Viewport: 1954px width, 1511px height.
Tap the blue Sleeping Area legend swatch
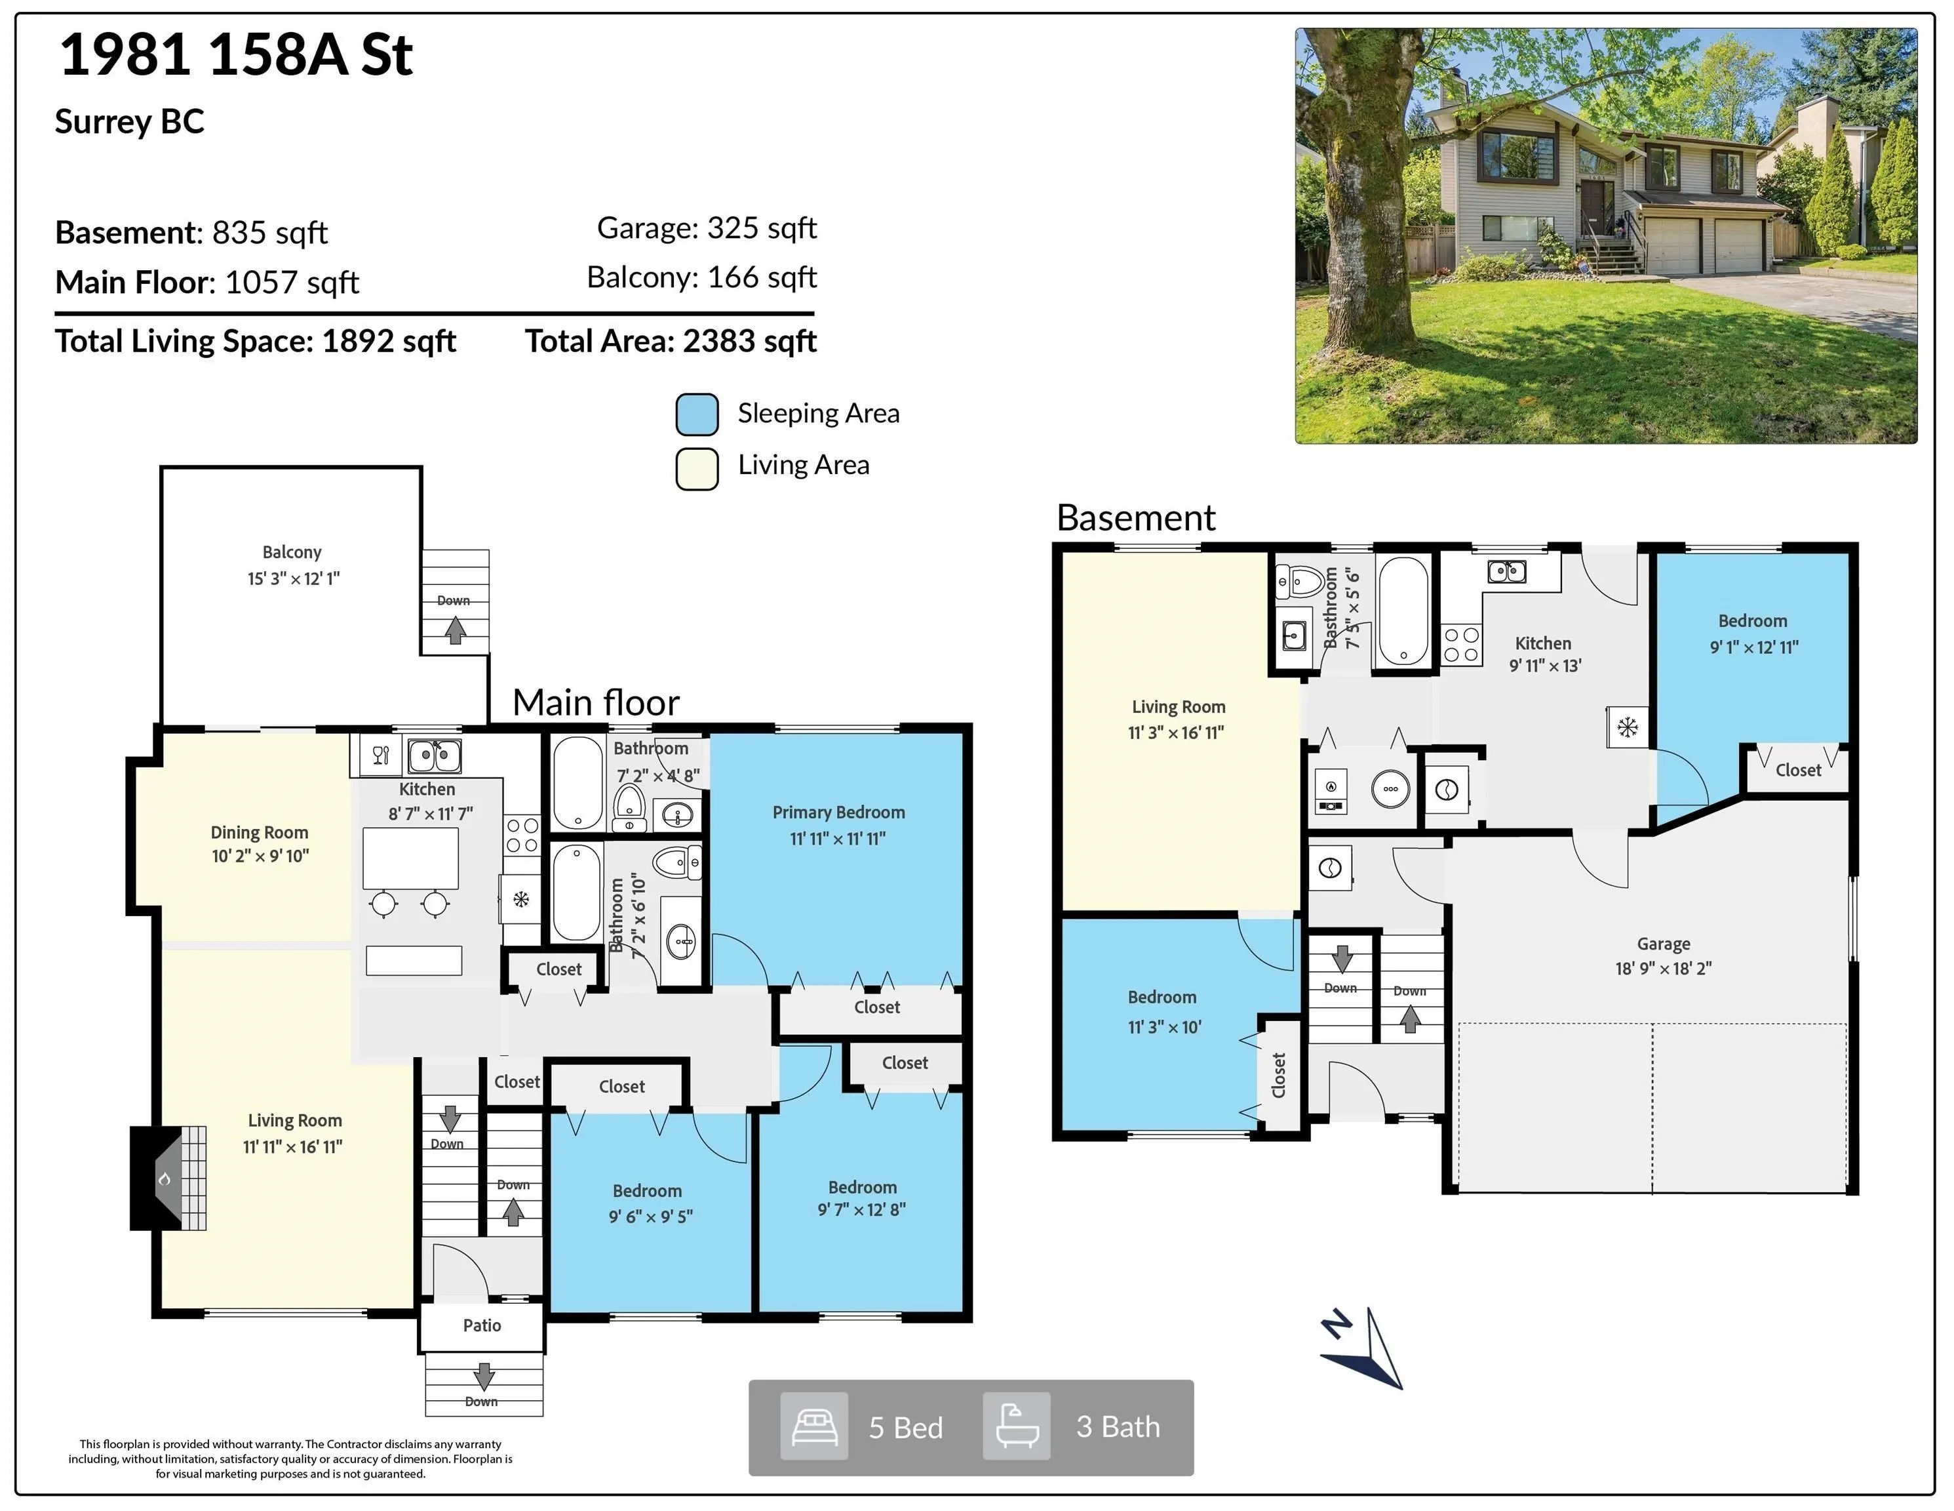[x=697, y=414]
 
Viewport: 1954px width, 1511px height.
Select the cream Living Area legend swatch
[x=697, y=468]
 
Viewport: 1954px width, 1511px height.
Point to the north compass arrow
[x=1363, y=1348]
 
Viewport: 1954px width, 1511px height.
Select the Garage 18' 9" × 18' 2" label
[x=1663, y=956]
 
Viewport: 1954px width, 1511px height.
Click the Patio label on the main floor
[x=482, y=1325]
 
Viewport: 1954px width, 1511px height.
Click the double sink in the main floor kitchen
[x=435, y=755]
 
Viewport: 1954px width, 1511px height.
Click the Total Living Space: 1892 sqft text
[x=256, y=341]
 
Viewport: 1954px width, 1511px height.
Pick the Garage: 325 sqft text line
[x=707, y=228]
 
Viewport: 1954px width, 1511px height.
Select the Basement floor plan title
[x=1136, y=517]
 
